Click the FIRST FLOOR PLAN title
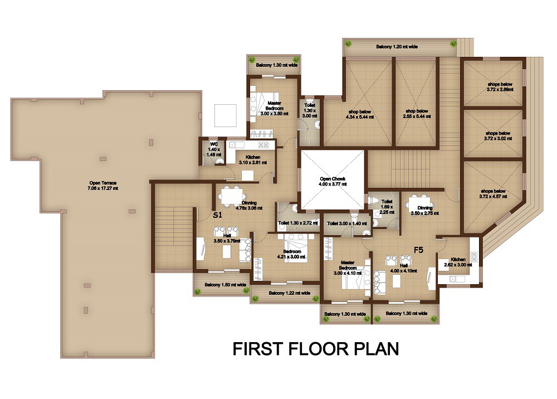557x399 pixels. [x=316, y=349]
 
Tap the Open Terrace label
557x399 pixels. [x=104, y=186]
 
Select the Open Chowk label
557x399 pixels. [x=333, y=181]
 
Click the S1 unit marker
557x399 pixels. [x=217, y=215]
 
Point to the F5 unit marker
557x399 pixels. [x=419, y=250]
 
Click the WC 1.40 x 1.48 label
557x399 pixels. [x=214, y=149]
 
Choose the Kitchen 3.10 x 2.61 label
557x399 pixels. [x=253, y=160]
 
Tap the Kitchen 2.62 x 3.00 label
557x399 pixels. [x=458, y=262]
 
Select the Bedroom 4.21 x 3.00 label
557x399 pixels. [x=292, y=254]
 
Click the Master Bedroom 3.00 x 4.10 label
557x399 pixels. [x=348, y=268]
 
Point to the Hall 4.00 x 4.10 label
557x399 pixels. [x=403, y=268]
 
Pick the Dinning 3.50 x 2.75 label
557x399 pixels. [x=425, y=211]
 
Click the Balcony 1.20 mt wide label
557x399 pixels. [x=397, y=47]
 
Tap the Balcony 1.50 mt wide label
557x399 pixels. [x=225, y=285]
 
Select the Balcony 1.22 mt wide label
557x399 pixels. [x=290, y=293]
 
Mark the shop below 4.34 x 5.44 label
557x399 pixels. [x=359, y=114]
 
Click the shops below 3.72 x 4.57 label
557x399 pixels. [x=493, y=193]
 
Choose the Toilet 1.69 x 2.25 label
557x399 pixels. [x=387, y=207]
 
